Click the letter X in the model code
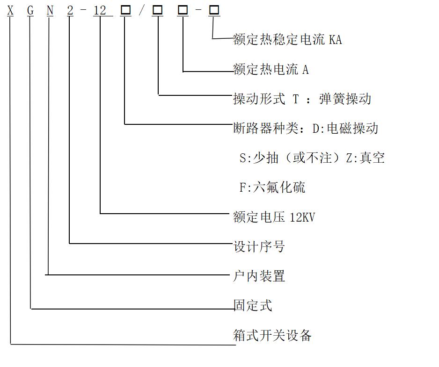point(10,11)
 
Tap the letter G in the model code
point(30,11)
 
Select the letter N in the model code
point(50,11)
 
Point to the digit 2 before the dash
point(70,11)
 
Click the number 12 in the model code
point(100,11)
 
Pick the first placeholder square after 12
point(126,10)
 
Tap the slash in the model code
point(142,11)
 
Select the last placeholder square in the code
point(214,10)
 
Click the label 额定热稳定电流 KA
point(287,39)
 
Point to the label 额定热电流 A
point(271,69)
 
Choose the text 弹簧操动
point(345,99)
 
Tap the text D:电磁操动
point(345,129)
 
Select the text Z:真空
point(366,158)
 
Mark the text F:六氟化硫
point(272,187)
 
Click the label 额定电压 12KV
point(274,217)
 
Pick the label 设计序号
point(259,247)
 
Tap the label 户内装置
point(259,276)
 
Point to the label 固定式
point(253,305)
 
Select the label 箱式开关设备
point(272,335)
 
